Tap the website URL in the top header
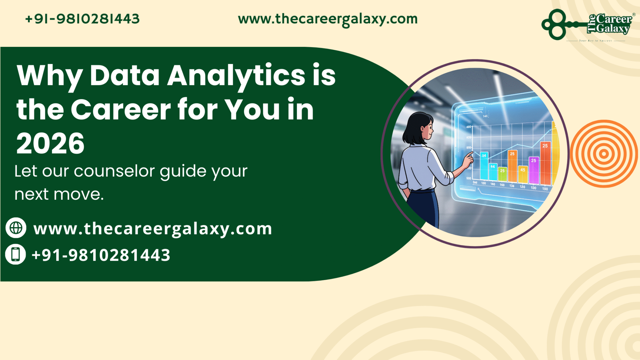click(327, 19)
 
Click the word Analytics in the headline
click(236, 76)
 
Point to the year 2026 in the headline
click(50, 144)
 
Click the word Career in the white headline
click(121, 110)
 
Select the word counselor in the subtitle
click(114, 171)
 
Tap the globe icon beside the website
click(16, 228)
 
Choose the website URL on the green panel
click(152, 229)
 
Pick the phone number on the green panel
click(101, 255)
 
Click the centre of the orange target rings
click(604, 154)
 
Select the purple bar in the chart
click(533, 170)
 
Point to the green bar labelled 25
click(502, 174)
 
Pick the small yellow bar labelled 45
click(523, 174)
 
